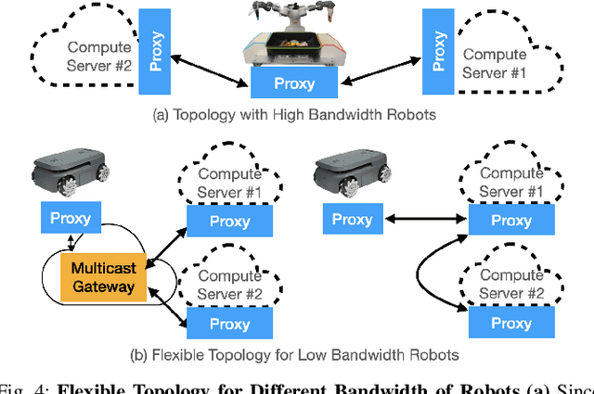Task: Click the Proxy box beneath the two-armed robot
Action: (293, 83)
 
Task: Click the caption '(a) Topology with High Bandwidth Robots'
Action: (294, 117)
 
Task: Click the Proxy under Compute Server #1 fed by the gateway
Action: (231, 222)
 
